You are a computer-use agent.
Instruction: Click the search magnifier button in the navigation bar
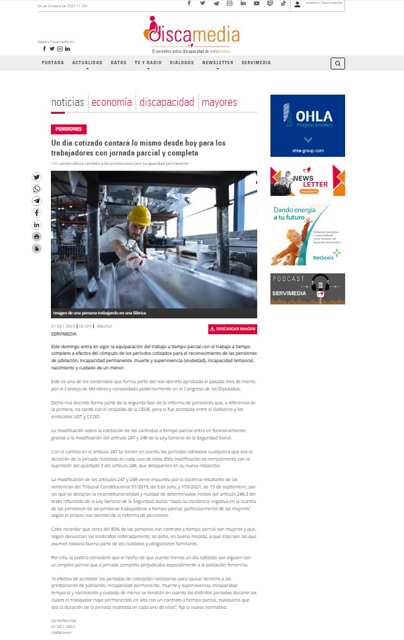pyautogui.click(x=338, y=64)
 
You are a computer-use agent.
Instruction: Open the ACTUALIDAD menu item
pyautogui.click(x=87, y=62)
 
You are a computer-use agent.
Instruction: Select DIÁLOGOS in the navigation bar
pyautogui.click(x=182, y=62)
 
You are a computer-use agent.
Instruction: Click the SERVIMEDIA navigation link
pyautogui.click(x=255, y=62)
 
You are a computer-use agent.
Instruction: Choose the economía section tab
pyautogui.click(x=112, y=103)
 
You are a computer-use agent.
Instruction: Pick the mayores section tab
pyautogui.click(x=220, y=103)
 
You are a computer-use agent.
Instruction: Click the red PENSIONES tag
pyautogui.click(x=69, y=130)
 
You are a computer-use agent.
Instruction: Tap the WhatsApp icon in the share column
pyautogui.click(x=36, y=189)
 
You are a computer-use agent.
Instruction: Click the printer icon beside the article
pyautogui.click(x=36, y=237)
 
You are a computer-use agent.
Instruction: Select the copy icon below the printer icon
pyautogui.click(x=36, y=249)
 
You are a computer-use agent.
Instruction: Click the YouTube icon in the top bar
pyautogui.click(x=257, y=3)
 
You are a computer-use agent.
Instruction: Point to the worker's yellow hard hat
pyautogui.click(x=140, y=214)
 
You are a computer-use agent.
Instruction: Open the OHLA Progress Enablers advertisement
pyautogui.click(x=307, y=126)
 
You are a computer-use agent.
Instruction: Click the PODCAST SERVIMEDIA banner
pyautogui.click(x=307, y=289)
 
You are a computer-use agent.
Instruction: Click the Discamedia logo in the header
pyautogui.click(x=192, y=34)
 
